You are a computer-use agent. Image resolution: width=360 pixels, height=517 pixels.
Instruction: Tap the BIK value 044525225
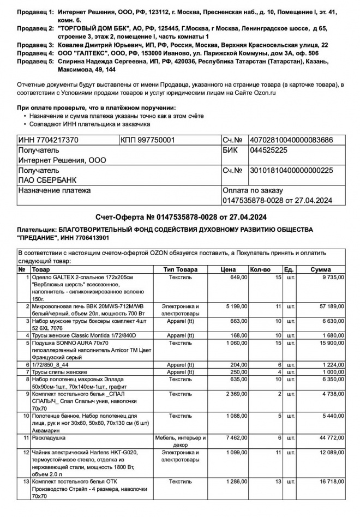pyautogui.click(x=268, y=151)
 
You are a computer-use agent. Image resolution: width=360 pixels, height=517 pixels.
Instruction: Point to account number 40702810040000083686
pyautogui.click(x=290, y=140)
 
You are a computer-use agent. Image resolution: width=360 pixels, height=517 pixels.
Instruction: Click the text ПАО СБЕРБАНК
pyautogui.click(x=48, y=180)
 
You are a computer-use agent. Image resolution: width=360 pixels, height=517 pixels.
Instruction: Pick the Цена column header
pyautogui.click(x=228, y=269)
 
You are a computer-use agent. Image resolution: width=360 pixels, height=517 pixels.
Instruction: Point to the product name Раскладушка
pyautogui.click(x=49, y=437)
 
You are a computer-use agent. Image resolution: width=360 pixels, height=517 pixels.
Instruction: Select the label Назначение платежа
pyautogui.click(x=55, y=190)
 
